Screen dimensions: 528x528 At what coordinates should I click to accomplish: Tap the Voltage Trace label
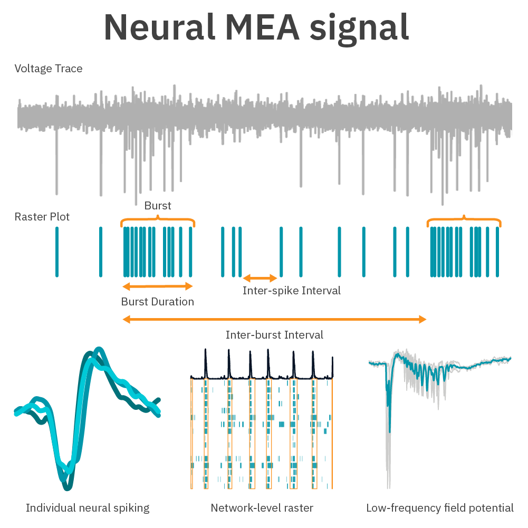49,69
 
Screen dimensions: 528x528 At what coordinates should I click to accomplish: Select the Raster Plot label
42,217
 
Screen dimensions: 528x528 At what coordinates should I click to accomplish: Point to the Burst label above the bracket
158,206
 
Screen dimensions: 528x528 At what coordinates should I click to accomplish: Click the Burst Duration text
158,302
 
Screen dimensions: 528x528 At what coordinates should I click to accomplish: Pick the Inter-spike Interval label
292,291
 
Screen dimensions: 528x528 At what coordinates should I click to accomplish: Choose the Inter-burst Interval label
274,335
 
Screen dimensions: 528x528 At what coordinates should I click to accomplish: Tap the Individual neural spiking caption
88,508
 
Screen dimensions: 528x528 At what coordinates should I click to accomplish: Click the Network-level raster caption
262,508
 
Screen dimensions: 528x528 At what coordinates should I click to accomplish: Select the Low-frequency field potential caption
440,508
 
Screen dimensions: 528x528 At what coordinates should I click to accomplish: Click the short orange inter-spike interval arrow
260,278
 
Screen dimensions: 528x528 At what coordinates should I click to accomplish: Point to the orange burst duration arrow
158,286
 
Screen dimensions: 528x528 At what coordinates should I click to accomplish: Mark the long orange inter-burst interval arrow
274,319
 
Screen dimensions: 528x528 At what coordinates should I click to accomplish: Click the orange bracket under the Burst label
158,219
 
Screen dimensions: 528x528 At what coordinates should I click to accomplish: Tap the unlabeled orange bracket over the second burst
464,219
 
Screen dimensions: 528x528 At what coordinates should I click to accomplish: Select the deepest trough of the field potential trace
389,483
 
